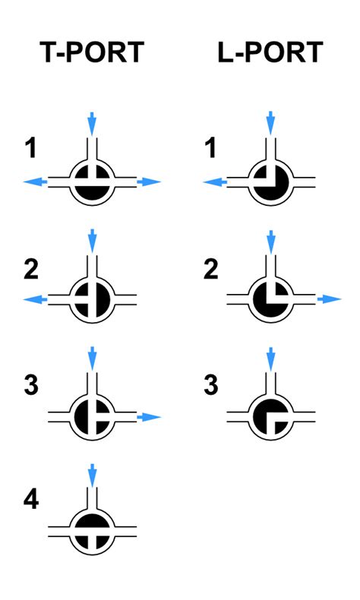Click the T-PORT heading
pos(92,52)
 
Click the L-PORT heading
pos(270,52)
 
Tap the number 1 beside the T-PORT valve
pos(31,148)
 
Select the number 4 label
pos(31,499)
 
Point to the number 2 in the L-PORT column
pos(211,269)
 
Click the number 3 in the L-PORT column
pos(211,384)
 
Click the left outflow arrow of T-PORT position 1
pos(35,182)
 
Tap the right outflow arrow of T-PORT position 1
pos(149,182)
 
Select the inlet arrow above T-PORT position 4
pos(92,475)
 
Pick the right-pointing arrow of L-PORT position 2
pos(329,298)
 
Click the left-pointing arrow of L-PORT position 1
pos(215,182)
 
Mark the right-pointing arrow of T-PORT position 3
pos(149,417)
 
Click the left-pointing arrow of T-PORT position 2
pos(35,299)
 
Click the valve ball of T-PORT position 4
pos(92,532)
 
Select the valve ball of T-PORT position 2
pos(92,299)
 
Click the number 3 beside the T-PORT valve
pos(31,384)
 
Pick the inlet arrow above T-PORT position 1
pos(92,124)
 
